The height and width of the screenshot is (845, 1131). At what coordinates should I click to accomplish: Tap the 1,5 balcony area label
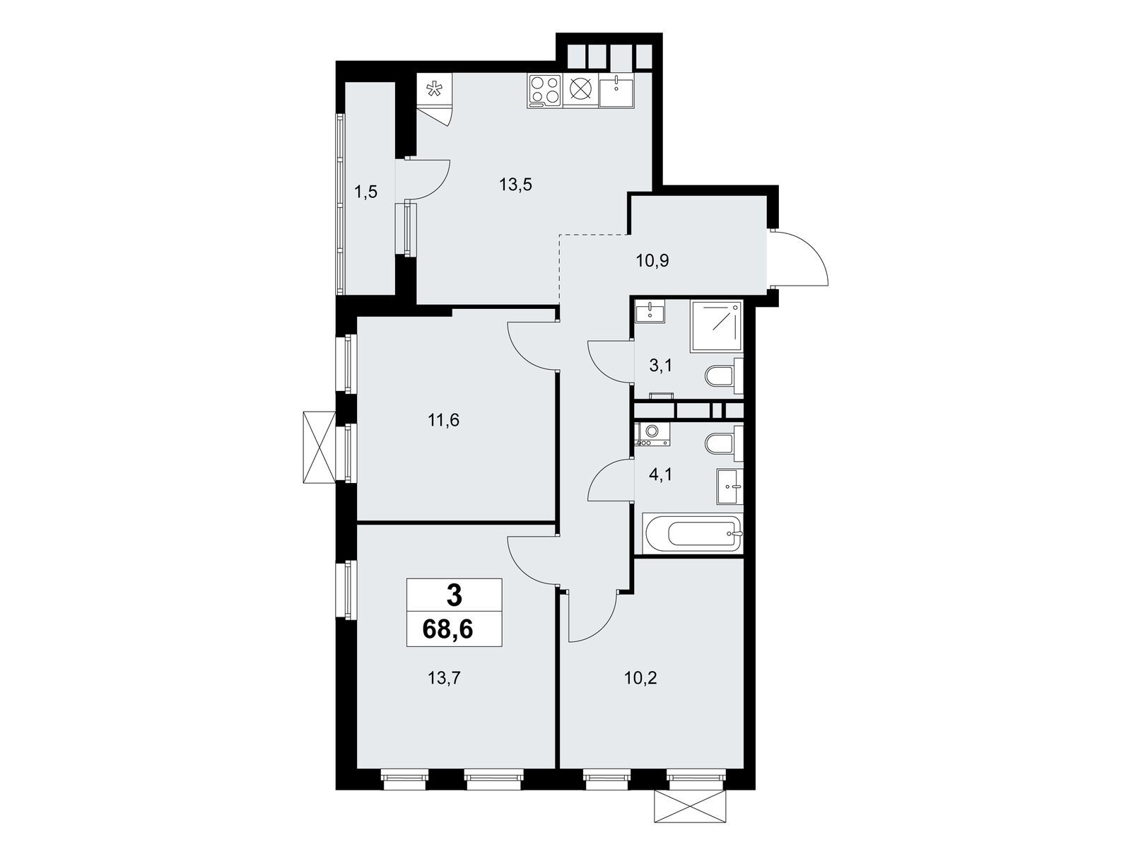365,192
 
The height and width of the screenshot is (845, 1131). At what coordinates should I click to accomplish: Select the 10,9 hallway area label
652,261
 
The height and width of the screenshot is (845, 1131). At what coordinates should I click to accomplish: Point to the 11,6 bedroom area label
443,421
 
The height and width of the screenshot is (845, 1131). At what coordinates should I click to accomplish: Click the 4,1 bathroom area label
661,474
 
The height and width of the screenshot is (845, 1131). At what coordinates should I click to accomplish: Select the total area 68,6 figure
447,629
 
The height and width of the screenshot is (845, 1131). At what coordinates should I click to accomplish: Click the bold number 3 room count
454,596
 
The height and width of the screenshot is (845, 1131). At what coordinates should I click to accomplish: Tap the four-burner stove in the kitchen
544,91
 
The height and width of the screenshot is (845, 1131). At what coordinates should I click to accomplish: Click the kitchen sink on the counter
616,91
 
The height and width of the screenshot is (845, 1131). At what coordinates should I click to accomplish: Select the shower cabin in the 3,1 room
715,326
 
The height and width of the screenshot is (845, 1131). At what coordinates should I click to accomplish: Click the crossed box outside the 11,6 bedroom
320,447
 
